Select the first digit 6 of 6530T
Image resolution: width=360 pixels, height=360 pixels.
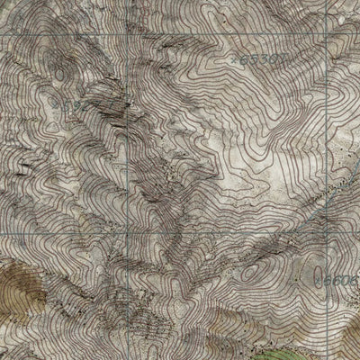click(244, 60)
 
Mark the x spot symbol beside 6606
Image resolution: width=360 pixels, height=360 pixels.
click(326, 281)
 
